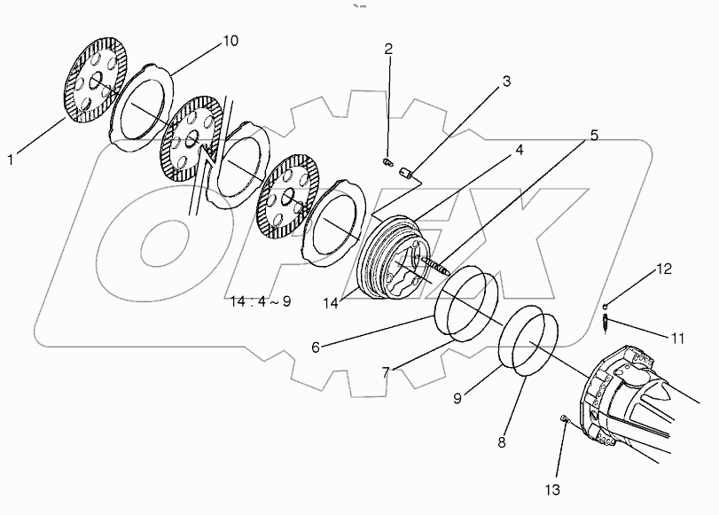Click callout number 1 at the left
tap(12, 160)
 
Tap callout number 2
tap(387, 48)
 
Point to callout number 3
tap(506, 82)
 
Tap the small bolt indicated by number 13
tap(564, 419)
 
